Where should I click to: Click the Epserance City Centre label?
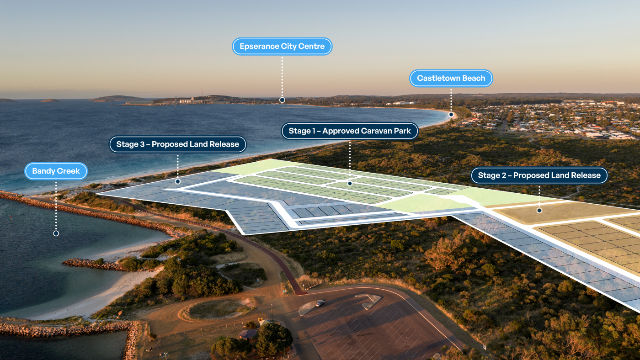pyautogui.click(x=282, y=47)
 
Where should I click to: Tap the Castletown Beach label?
pyautogui.click(x=451, y=79)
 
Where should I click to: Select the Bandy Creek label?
pyautogui.click(x=56, y=171)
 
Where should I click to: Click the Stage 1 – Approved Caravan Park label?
pyautogui.click(x=350, y=131)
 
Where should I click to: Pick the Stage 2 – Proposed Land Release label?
pyautogui.click(x=539, y=175)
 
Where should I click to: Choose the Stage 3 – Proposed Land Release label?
pyautogui.click(x=177, y=144)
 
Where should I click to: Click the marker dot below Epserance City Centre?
pyautogui.click(x=282, y=100)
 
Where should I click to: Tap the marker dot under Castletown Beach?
pyautogui.click(x=451, y=115)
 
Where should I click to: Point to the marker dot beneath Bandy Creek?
pyautogui.click(x=56, y=233)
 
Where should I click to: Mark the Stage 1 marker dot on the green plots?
pyautogui.click(x=350, y=184)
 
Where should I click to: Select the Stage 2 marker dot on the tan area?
pyautogui.click(x=539, y=211)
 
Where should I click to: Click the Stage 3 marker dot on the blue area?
pyautogui.click(x=177, y=181)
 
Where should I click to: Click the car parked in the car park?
pyautogui.click(x=320, y=303)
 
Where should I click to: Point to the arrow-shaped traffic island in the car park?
pyautogui.click(x=368, y=300)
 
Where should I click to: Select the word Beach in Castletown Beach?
pyautogui.click(x=473, y=79)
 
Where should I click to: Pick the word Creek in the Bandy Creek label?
pyautogui.click(x=69, y=171)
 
